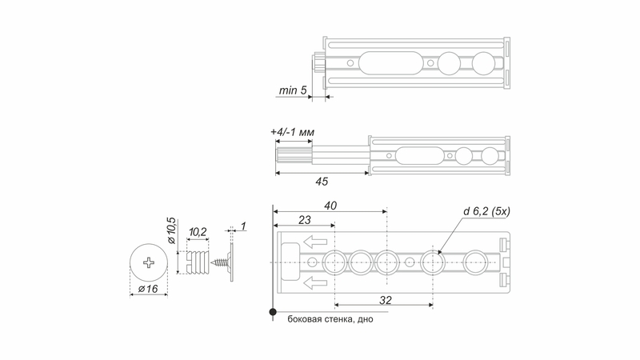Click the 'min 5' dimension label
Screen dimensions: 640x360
[293, 90]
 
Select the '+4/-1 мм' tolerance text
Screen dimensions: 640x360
[292, 132]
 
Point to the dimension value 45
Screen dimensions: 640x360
[322, 182]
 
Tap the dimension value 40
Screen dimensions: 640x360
[330, 206]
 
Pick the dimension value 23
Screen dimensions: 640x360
[305, 220]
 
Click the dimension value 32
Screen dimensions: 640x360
[386, 301]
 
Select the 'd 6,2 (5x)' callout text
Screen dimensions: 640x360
[486, 211]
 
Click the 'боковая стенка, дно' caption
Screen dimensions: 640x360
[330, 319]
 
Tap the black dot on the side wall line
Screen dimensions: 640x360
[273, 312]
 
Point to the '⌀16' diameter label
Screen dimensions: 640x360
[148, 289]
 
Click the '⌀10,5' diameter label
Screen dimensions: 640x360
[172, 231]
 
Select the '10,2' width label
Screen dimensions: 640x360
[198, 232]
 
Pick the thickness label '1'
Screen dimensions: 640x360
[243, 226]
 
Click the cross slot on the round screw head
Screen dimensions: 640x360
[149, 262]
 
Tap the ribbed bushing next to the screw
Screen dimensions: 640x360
[198, 262]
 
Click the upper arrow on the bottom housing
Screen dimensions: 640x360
[315, 242]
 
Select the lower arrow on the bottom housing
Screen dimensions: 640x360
[315, 282]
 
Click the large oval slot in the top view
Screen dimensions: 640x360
[390, 63]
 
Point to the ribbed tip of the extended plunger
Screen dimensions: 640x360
[294, 156]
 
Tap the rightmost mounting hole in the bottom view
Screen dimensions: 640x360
[475, 262]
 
